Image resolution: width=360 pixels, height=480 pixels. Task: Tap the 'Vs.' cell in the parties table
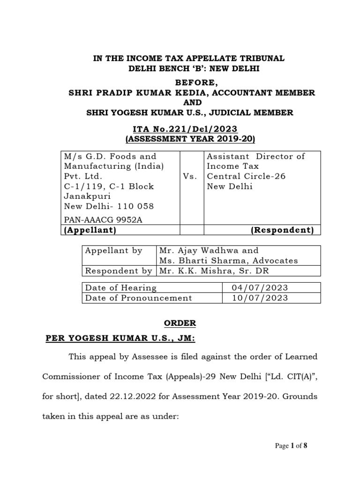click(x=192, y=176)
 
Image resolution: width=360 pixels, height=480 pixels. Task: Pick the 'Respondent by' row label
click(x=118, y=271)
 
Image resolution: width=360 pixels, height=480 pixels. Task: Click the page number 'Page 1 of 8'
click(x=291, y=446)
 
